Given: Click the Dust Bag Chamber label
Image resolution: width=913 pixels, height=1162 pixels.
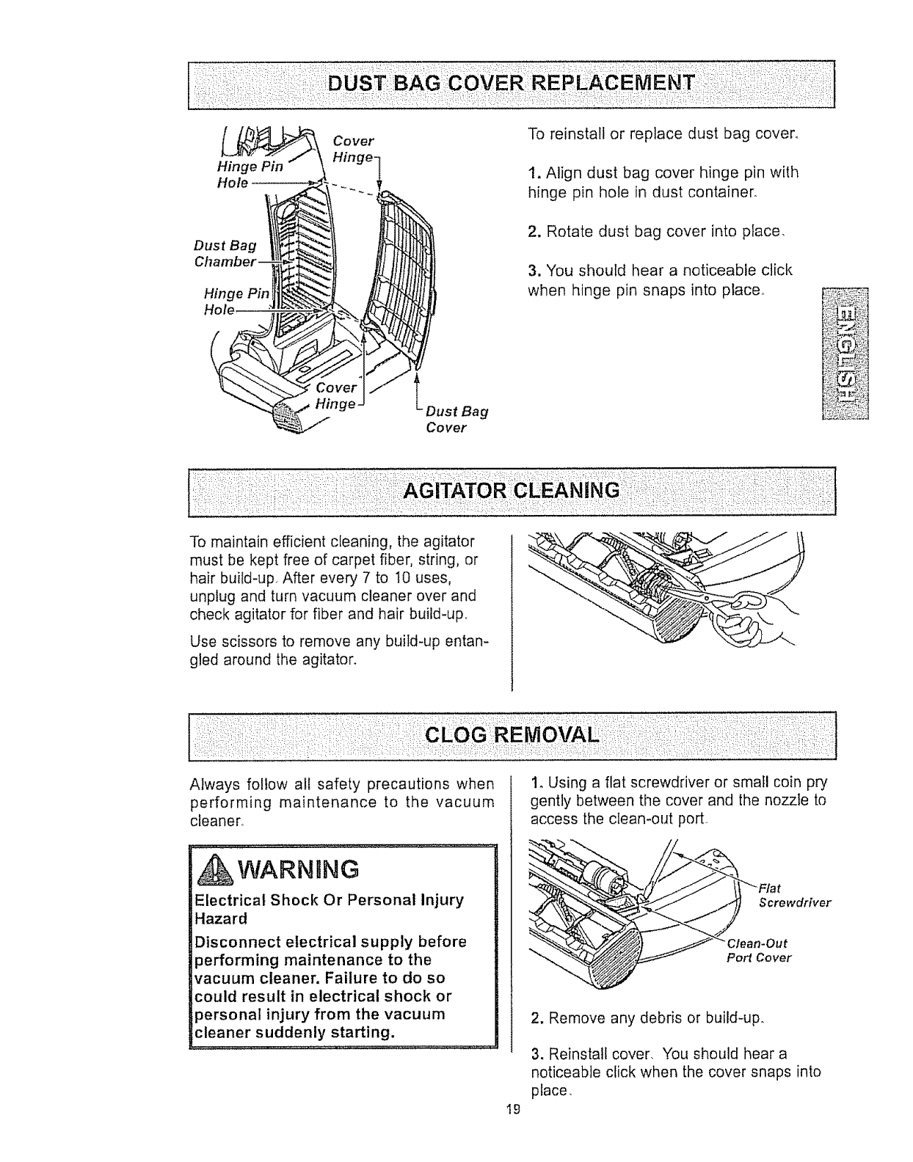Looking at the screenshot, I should coord(225,253).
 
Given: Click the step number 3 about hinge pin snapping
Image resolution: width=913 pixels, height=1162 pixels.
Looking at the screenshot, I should coord(533,271).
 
